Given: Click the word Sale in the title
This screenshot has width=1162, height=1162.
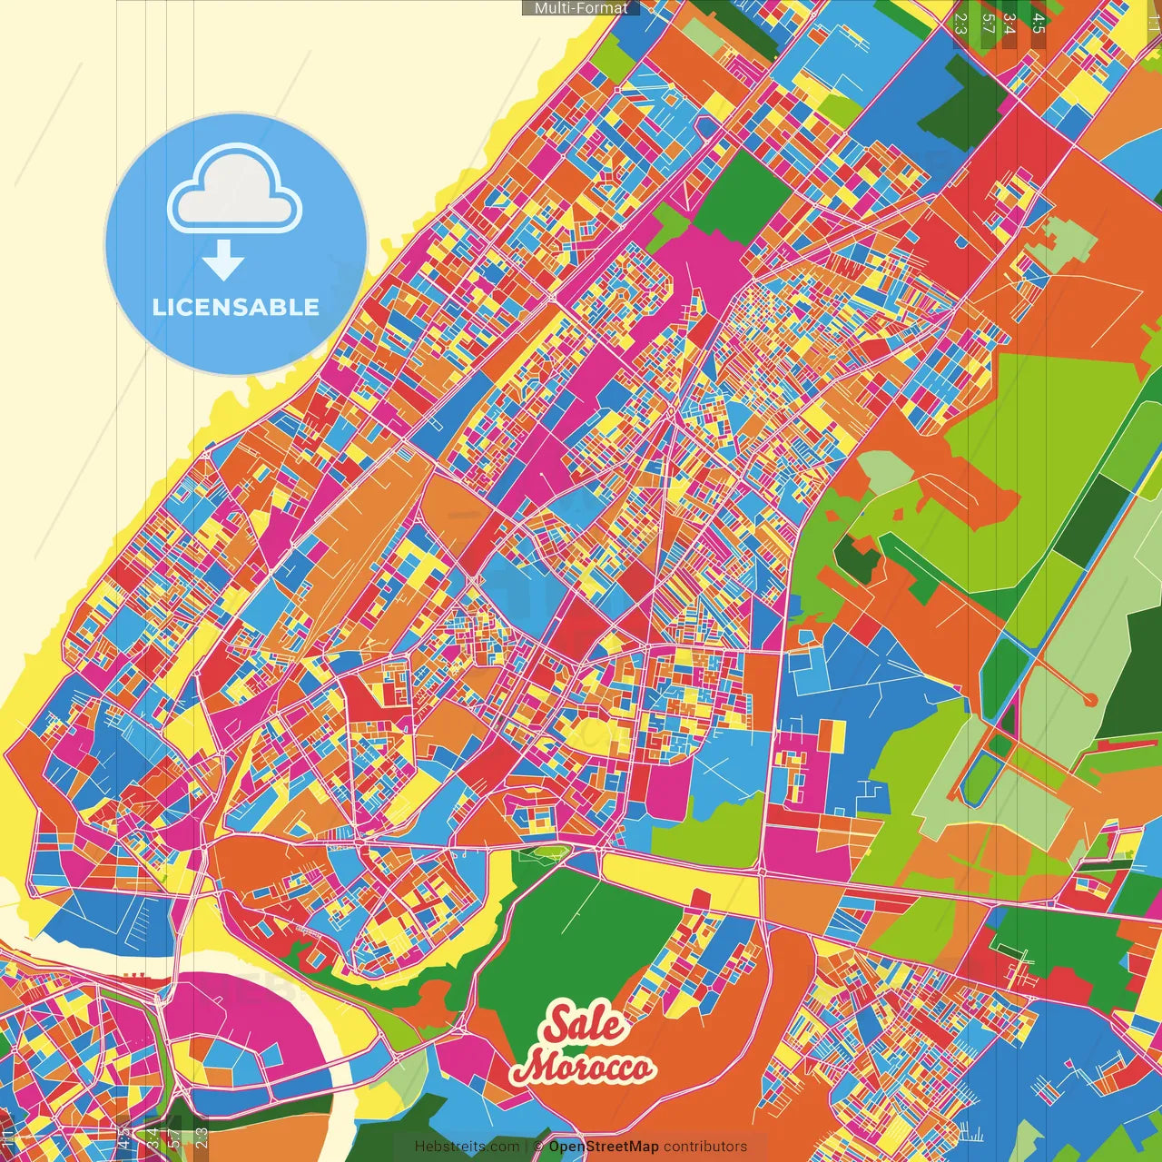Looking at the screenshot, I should click(585, 1024).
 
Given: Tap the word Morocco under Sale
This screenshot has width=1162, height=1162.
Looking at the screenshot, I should click(582, 1068).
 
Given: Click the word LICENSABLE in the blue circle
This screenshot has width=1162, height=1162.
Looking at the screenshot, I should click(236, 307).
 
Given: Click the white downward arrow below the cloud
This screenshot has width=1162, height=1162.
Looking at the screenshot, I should click(222, 261).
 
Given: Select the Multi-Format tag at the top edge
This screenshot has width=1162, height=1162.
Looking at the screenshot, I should click(581, 7).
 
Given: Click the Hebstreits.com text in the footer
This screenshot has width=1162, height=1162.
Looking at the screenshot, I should click(468, 1147).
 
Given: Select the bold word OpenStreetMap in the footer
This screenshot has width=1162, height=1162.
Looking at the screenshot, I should click(603, 1147).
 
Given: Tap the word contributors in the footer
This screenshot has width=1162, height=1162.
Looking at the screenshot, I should click(705, 1147).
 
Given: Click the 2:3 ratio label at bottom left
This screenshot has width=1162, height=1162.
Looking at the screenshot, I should click(201, 1137).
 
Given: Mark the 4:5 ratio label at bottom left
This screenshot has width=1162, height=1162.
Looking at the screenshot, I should click(123, 1137).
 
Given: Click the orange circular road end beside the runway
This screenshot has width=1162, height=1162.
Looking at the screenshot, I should click(1090, 700).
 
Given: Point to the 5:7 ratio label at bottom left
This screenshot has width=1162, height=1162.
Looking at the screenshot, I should click(172, 1137).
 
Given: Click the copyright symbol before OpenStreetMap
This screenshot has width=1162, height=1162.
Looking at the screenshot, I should click(537, 1147).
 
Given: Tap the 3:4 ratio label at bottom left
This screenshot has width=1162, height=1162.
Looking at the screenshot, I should click(152, 1137).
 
